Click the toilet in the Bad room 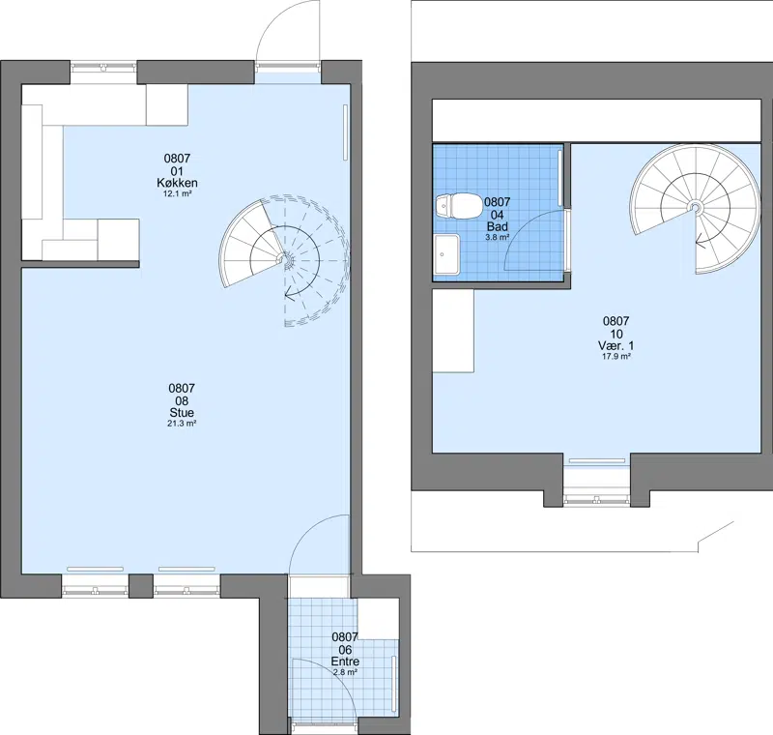point(460,205)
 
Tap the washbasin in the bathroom point(446,254)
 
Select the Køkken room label point(177,183)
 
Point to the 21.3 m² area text point(182,424)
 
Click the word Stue point(182,412)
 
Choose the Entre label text point(345,661)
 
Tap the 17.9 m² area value point(616,356)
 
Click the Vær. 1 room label point(616,345)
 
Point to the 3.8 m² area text point(497,237)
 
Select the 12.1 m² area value point(177,193)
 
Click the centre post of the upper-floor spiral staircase point(696,207)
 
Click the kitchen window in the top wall point(103,66)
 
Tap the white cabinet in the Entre point(378,618)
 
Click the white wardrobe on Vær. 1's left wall point(453,331)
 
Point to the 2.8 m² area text point(345,672)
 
